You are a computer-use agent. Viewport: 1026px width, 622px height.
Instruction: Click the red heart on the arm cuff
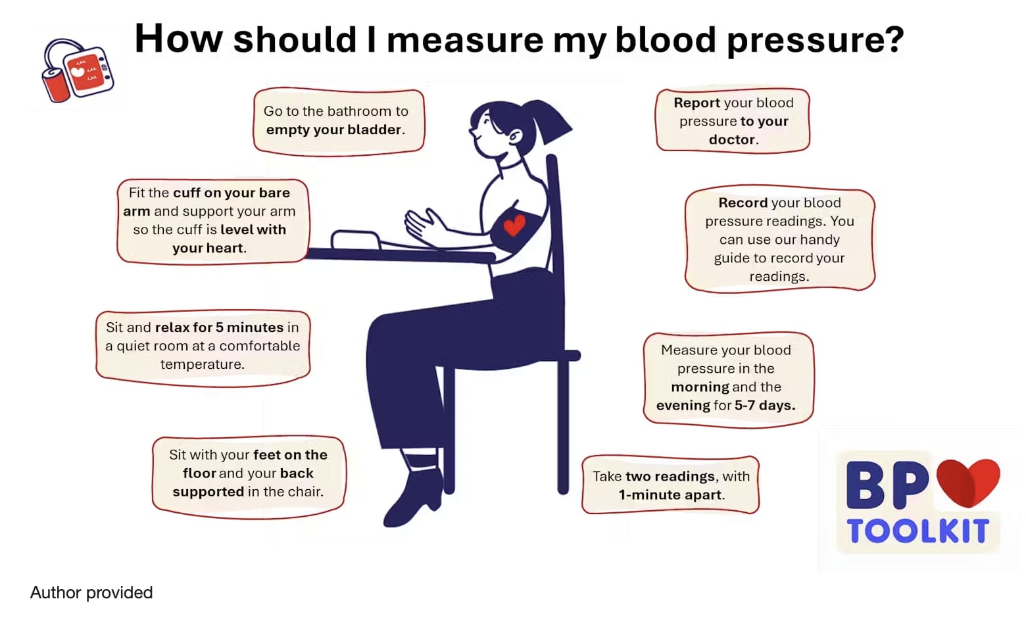pos(514,226)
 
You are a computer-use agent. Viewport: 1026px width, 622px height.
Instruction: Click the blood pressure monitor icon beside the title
pos(78,70)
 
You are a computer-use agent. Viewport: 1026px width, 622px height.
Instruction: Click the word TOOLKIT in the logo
pos(918,531)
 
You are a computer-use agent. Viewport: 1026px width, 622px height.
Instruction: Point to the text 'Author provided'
pos(91,592)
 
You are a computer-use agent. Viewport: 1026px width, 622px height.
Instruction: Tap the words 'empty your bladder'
pos(333,130)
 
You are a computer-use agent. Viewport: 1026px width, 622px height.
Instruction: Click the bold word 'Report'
pos(696,103)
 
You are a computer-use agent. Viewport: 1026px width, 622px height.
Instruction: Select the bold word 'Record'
pos(743,203)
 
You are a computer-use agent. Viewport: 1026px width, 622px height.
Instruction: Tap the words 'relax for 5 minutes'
pos(220,327)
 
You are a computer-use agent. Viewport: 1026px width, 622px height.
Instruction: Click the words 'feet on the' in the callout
pos(291,455)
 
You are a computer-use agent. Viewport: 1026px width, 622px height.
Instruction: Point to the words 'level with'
pos(253,229)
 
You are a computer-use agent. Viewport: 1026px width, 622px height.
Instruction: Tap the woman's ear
pos(515,135)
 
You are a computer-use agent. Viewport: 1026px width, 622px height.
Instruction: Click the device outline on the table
pos(356,240)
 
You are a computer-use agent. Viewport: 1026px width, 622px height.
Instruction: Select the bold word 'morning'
pos(700,387)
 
